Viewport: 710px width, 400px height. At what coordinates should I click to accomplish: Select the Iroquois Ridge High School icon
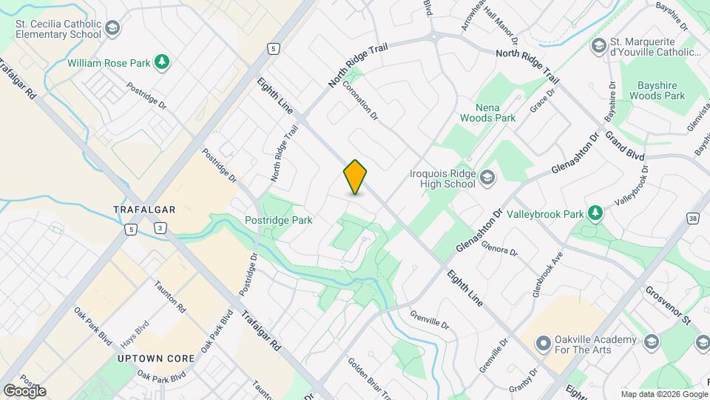487,178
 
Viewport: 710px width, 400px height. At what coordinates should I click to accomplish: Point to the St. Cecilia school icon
112,29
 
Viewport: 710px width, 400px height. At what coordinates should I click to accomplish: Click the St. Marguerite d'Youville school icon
598,47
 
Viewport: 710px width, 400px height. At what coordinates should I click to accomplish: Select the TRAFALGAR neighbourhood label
144,210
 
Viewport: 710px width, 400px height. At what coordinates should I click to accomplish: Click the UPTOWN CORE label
156,359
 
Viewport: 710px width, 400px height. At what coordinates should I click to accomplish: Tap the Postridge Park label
279,220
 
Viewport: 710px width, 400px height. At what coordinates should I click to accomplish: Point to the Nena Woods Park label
487,112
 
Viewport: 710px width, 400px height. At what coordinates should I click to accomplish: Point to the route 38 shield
692,219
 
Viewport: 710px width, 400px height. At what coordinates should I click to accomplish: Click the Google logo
24,390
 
